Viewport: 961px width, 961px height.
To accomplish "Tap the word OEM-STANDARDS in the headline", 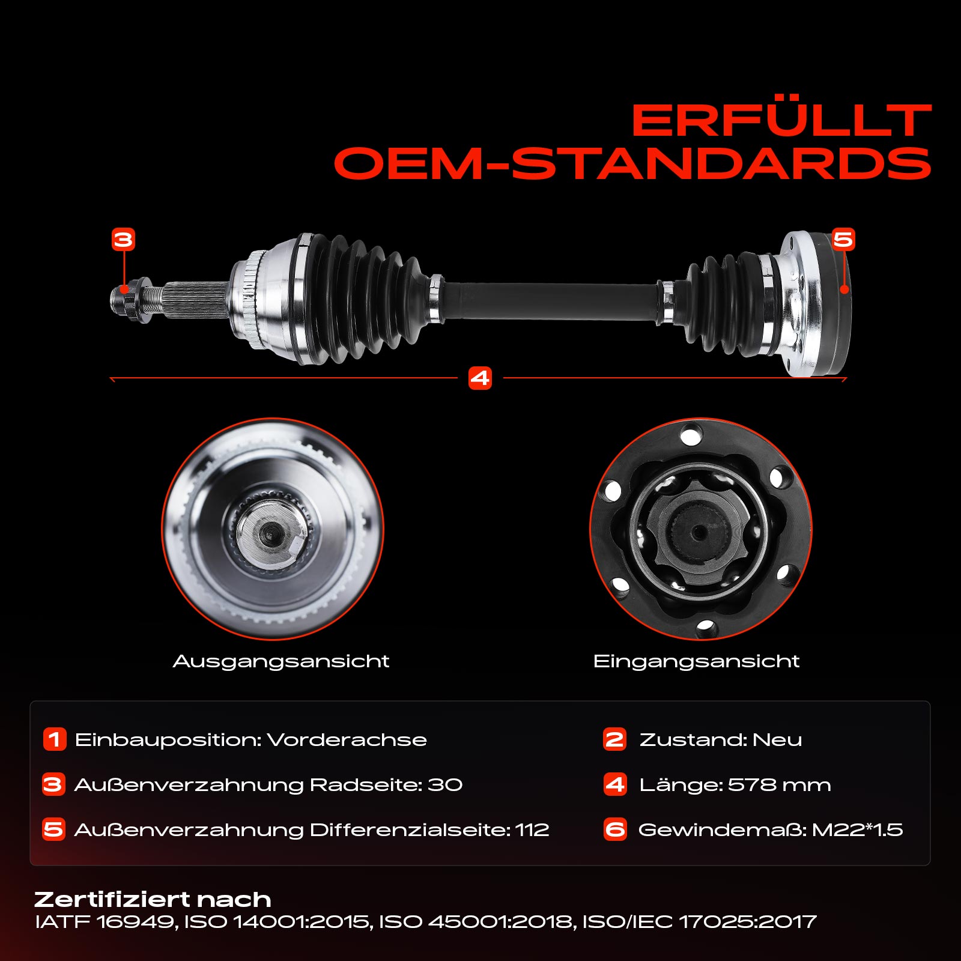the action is pos(632,163).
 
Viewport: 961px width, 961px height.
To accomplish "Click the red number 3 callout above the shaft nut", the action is pos(123,240).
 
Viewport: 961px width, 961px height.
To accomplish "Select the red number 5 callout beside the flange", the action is pos(843,240).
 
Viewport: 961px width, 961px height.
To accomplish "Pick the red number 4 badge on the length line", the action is pos(480,378).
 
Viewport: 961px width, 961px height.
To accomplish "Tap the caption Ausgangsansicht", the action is pos(281,661).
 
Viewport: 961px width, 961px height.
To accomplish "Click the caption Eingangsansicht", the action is pos(696,661).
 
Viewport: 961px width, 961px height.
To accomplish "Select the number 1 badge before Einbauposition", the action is pos(54,739).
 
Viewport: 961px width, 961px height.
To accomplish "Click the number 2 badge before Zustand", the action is pos(614,739).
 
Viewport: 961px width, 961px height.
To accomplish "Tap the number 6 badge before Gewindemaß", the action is pos(615,829).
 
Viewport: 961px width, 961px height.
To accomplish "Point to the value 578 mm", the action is pos(780,784).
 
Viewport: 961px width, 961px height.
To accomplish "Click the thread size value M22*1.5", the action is pos(858,829).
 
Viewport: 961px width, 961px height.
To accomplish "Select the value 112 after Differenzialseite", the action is pos(533,829).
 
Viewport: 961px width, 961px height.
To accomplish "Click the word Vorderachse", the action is pos(347,739).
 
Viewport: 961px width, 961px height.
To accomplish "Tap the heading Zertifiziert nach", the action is pos(153,899).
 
